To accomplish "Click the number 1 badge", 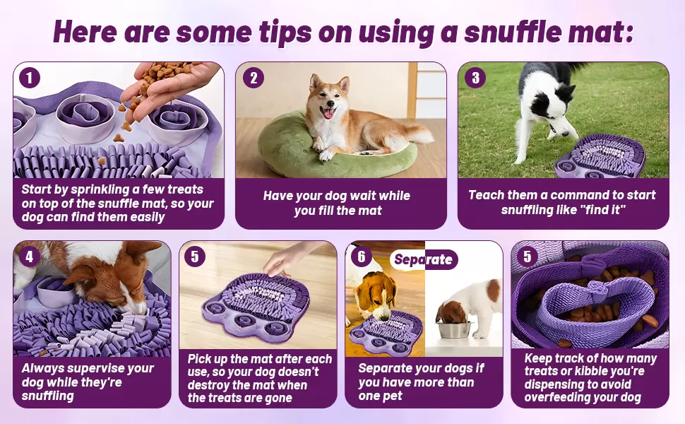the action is [x=30, y=78].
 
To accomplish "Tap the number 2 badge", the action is [x=254, y=78].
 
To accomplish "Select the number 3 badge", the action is [x=476, y=78].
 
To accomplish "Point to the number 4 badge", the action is [x=29, y=257].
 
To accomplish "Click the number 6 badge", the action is [x=362, y=257].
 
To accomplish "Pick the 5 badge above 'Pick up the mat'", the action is [x=195, y=257].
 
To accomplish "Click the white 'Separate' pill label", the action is [x=423, y=259].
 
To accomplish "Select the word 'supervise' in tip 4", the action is [x=96, y=369].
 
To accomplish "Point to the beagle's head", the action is [x=376, y=292].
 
